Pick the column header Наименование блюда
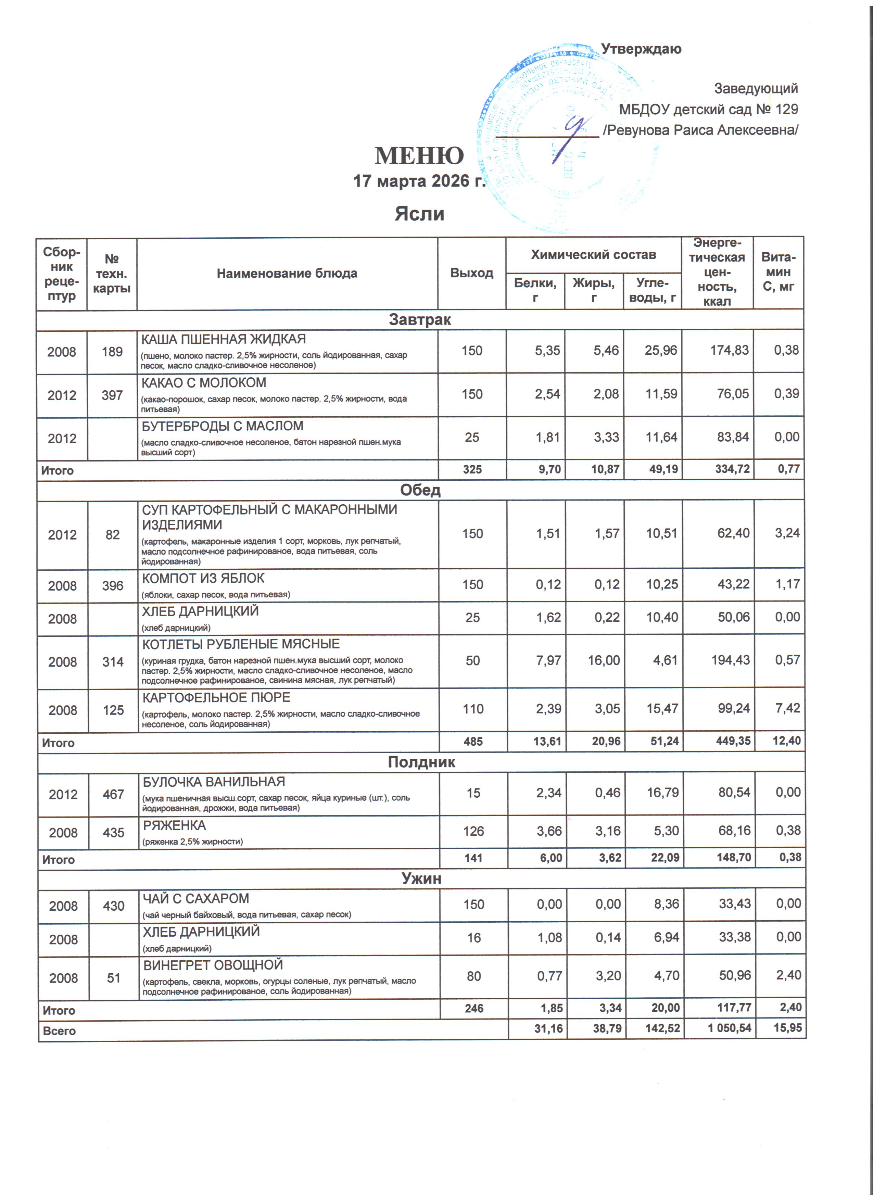click(287, 273)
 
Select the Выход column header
click(471, 273)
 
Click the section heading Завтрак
click(420, 320)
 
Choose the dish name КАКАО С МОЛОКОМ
click(204, 383)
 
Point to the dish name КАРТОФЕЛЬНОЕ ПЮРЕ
click(216, 697)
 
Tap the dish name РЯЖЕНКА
click(175, 825)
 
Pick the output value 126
click(473, 831)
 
